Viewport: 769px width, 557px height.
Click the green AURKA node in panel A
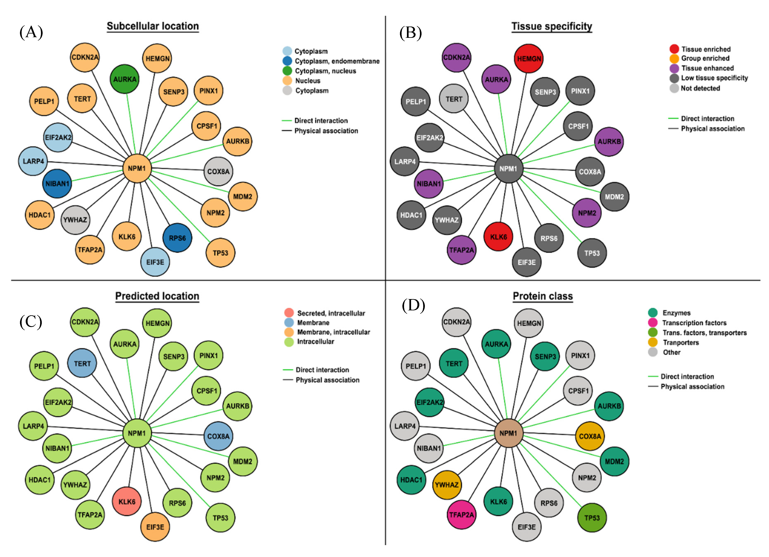(x=125, y=79)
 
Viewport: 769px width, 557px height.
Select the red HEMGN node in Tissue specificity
(x=529, y=59)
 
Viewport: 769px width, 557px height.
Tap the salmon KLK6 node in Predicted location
(x=127, y=502)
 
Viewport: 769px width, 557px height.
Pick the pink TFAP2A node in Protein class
(x=461, y=515)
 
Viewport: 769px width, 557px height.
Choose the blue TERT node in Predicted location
(x=82, y=363)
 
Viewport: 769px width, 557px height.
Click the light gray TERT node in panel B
(x=454, y=99)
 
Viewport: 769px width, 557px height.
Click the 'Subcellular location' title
(x=153, y=26)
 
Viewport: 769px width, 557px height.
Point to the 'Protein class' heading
(x=543, y=296)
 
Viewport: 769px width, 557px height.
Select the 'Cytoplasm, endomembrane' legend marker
(x=287, y=61)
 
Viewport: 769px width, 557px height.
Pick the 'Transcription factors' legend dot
(x=653, y=323)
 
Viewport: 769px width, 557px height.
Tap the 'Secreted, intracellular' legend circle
(x=289, y=313)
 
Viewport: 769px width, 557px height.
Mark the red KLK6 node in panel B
(x=498, y=237)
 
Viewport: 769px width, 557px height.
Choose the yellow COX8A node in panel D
(x=590, y=436)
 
